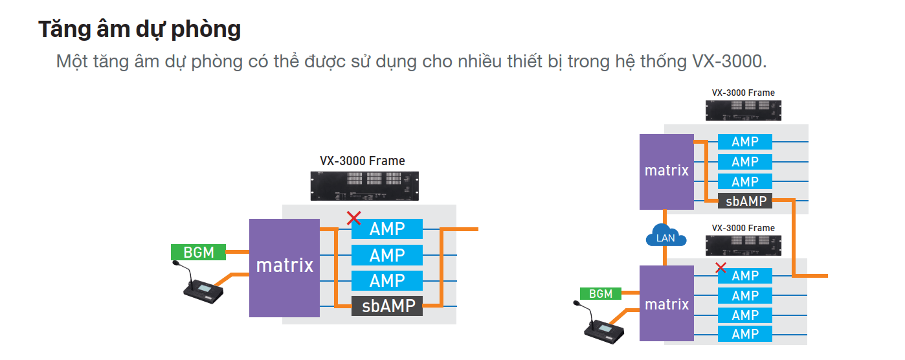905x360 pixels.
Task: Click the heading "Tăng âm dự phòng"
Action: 139,29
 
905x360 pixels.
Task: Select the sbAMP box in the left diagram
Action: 387,306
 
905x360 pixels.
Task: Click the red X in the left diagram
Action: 353,218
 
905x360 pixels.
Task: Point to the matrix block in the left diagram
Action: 284,267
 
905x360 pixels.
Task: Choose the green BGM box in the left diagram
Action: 198,252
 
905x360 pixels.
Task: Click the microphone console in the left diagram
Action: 203,289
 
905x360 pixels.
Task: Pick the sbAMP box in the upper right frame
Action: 746,201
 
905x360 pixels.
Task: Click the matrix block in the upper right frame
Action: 666,172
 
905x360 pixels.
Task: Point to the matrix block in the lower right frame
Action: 666,304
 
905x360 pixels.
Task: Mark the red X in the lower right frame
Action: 721,267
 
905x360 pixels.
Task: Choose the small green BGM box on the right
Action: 600,294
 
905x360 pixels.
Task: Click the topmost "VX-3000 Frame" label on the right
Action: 743,93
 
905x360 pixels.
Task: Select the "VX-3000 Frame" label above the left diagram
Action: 363,161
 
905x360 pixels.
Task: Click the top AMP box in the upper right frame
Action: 745,142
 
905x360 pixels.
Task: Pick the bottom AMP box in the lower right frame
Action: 745,334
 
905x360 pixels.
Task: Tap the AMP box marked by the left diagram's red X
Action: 387,229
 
